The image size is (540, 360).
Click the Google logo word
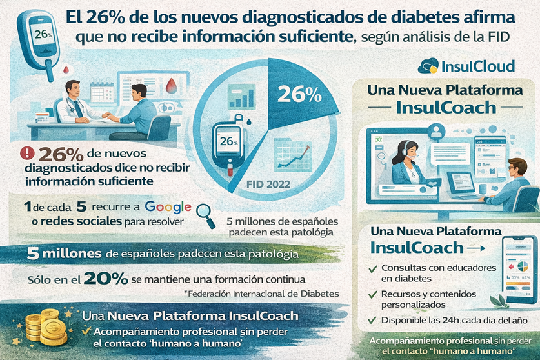point(168,207)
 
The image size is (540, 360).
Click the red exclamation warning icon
point(28,154)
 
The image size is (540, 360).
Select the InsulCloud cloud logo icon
point(428,66)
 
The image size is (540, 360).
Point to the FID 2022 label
point(269,183)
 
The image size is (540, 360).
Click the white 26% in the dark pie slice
point(299,95)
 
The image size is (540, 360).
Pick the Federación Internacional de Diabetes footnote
point(261,294)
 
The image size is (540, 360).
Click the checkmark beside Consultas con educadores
point(372,268)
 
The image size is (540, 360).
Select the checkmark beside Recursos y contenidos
point(372,294)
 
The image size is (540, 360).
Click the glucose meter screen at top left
point(43,33)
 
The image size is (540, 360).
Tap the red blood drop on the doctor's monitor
point(170,86)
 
